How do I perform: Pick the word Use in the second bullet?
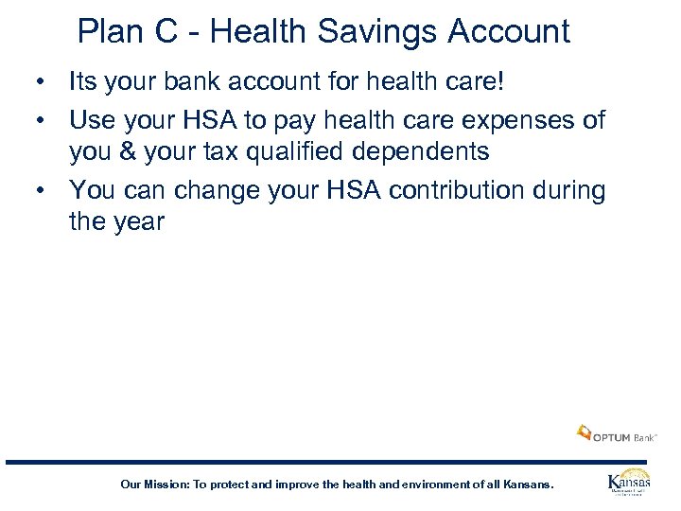point(92,120)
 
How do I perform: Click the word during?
point(568,190)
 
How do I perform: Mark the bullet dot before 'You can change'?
point(41,190)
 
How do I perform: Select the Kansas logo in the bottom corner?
point(628,483)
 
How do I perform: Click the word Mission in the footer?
point(165,485)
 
